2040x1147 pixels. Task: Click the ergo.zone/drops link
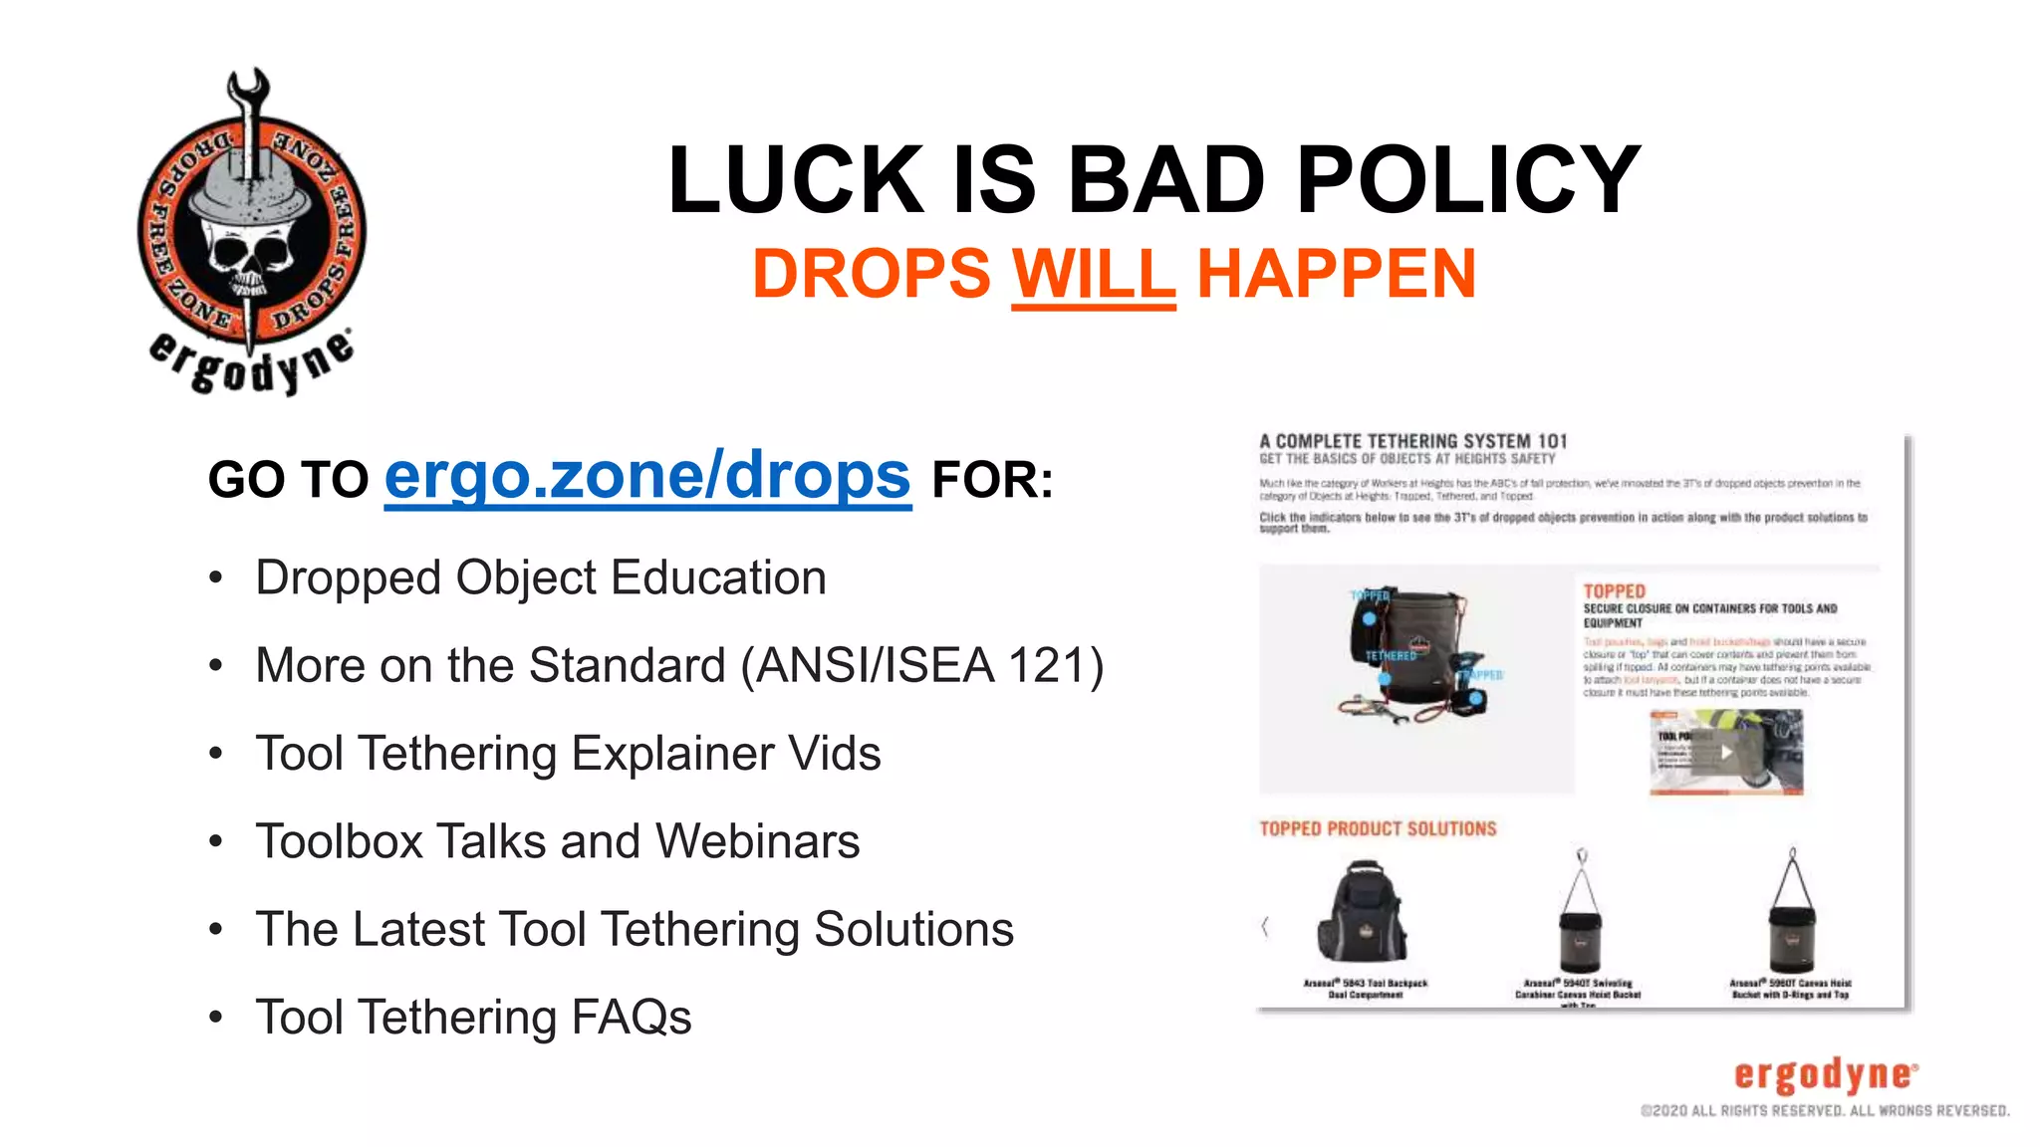[x=647, y=477]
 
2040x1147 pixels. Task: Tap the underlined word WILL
[x=1093, y=274]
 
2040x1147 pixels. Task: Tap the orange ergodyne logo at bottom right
[x=1825, y=1075]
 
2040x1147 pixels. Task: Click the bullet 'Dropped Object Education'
[x=541, y=578]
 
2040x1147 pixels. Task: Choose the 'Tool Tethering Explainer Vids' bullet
[x=568, y=754]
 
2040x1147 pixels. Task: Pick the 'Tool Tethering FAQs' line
[x=473, y=1018]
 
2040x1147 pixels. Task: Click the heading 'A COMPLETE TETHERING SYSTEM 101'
[x=1412, y=441]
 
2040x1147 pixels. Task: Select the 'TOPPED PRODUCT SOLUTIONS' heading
[x=1378, y=829]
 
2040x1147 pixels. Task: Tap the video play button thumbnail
[x=1726, y=753]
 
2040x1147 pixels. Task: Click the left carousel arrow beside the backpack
[x=1265, y=927]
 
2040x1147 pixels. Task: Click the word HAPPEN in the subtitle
[x=1336, y=274]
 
